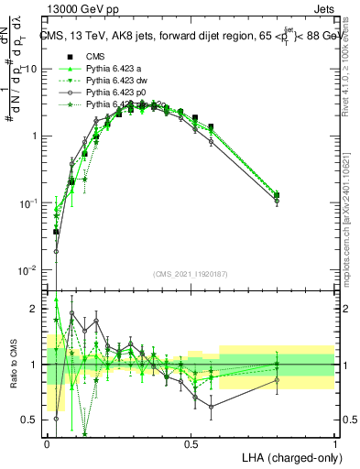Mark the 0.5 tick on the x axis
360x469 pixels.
click(191, 443)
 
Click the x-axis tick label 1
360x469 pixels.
click(334, 443)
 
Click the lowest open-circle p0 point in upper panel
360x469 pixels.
click(56, 251)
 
